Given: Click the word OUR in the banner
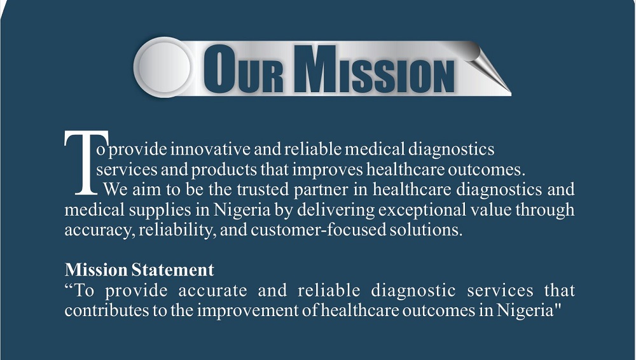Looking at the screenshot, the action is point(243,69).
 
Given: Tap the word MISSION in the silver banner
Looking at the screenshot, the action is point(373,69).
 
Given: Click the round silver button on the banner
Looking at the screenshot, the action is point(164,67).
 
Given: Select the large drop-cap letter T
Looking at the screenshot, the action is point(86,162).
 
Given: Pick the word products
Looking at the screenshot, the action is point(224,170).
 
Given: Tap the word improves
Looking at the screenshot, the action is point(328,170).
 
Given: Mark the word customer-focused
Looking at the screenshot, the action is point(319,230).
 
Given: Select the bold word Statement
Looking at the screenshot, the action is point(173,270).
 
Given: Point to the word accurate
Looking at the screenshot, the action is point(213,291).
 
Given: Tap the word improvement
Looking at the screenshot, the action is point(247,311).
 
